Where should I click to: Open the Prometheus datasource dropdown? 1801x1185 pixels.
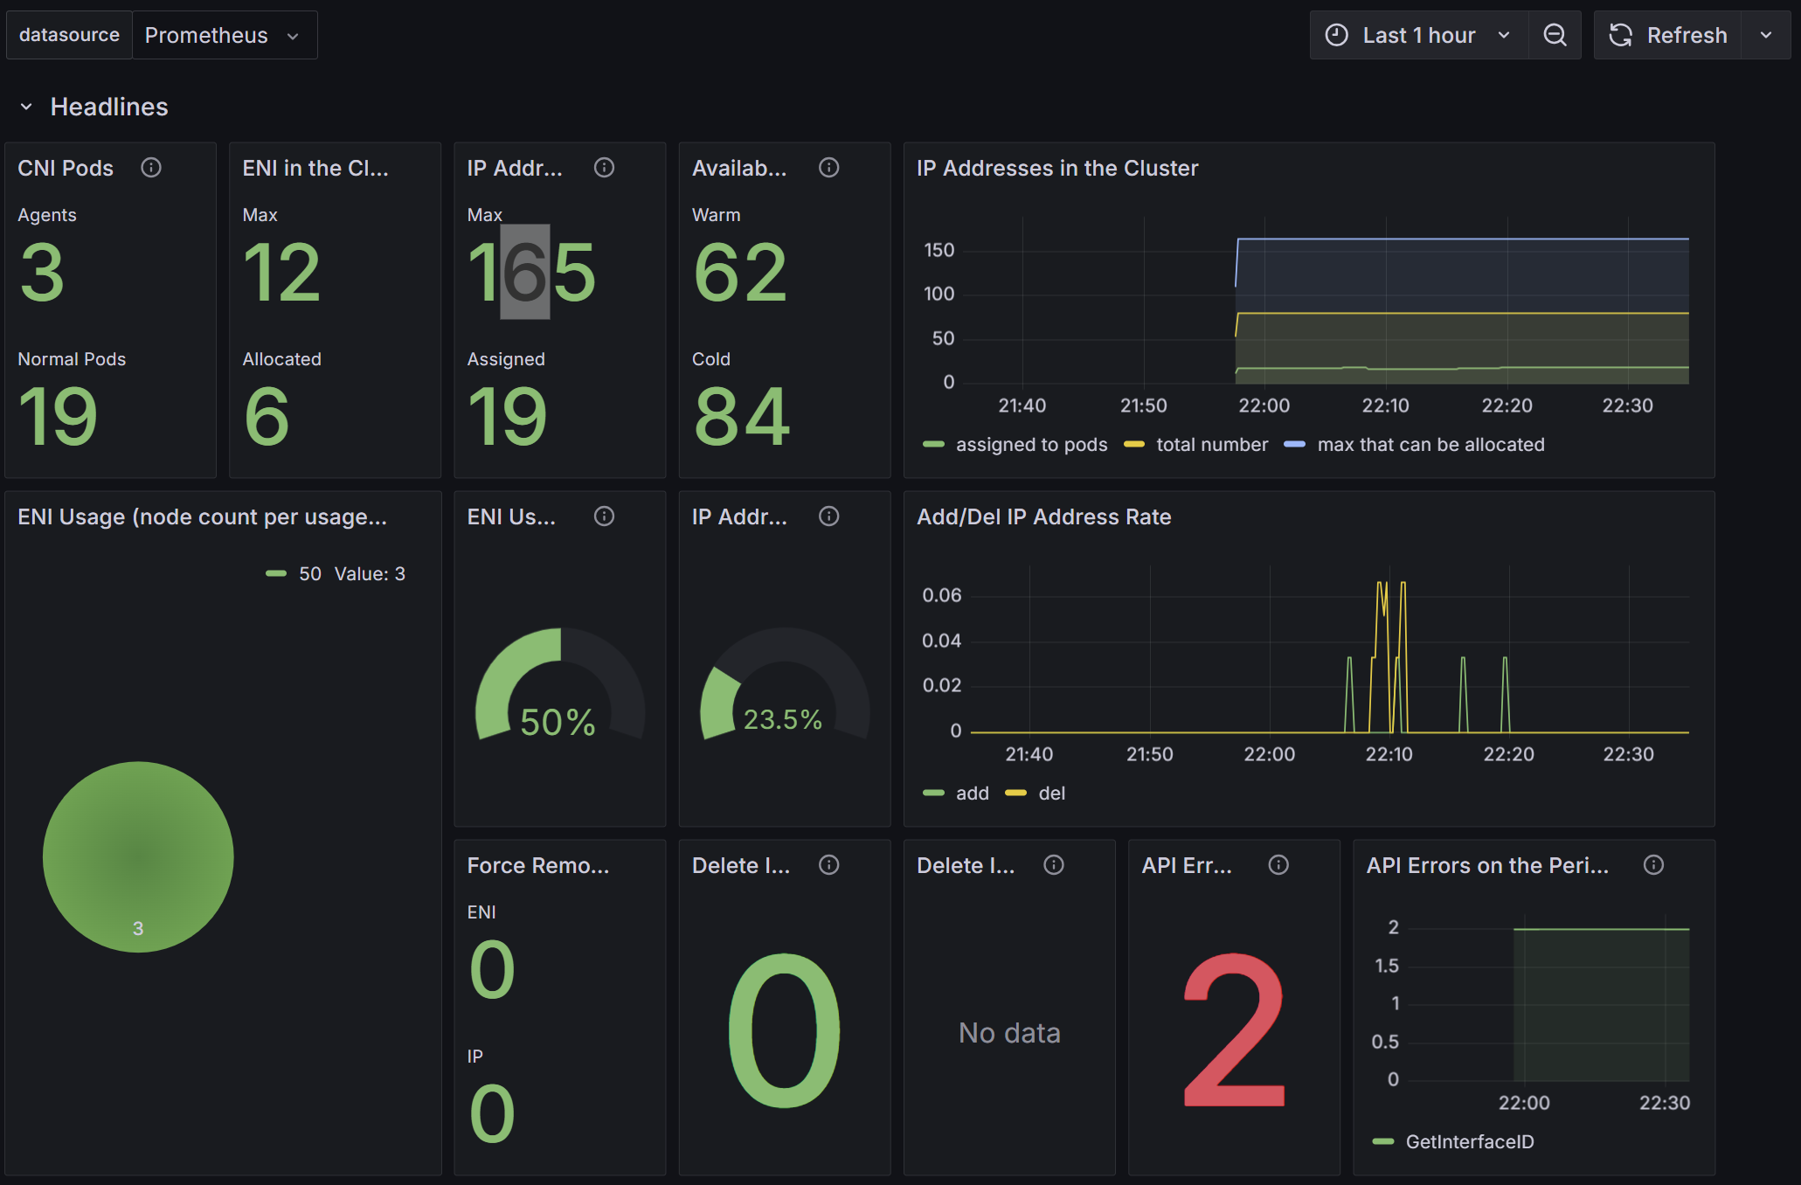tap(224, 35)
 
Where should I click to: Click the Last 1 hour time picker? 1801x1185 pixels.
tap(1418, 35)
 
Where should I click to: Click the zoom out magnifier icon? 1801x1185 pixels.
tap(1555, 35)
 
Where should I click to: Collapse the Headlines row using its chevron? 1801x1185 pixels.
tap(26, 107)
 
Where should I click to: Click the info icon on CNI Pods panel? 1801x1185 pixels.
tap(151, 168)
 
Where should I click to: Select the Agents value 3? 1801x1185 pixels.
tap(42, 273)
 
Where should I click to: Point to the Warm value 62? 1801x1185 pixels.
tap(740, 273)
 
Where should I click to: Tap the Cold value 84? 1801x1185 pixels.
tap(742, 417)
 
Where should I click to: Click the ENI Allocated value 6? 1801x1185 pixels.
tap(267, 417)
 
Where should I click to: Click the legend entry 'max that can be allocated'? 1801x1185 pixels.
tap(1414, 445)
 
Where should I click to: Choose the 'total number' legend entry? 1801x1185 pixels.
tap(1195, 445)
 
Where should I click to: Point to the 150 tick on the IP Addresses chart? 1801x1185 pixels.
tap(939, 250)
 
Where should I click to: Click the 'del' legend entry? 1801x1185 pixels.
tap(1036, 793)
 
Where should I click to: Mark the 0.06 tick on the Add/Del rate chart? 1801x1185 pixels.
tap(942, 595)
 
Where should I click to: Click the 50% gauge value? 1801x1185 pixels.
tap(558, 723)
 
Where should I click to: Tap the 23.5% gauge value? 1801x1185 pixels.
tap(782, 719)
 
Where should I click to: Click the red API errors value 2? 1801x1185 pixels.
tap(1234, 1031)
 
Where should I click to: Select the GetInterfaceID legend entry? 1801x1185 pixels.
tap(1453, 1142)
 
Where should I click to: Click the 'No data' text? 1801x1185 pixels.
tap(1009, 1033)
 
